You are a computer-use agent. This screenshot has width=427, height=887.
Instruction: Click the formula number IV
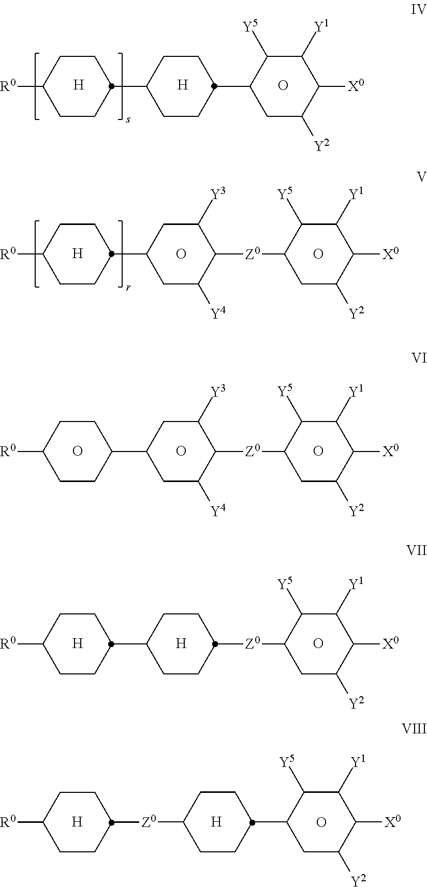(418, 10)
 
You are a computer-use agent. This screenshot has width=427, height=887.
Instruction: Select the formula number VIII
(414, 729)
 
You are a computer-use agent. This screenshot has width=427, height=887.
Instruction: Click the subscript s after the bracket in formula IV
(127, 120)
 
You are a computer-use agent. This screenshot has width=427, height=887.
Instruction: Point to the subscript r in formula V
(127, 288)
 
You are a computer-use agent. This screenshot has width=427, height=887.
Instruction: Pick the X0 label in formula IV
(356, 85)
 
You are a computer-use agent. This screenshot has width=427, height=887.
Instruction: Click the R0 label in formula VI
(9, 451)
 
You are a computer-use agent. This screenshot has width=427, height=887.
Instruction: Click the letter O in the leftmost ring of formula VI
(77, 452)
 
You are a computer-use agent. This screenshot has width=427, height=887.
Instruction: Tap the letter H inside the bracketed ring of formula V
(77, 253)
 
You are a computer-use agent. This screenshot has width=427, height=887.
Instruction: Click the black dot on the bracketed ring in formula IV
(111, 86)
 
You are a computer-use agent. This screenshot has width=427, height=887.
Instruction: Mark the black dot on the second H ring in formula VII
(215, 644)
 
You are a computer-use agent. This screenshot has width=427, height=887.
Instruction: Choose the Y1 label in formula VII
(356, 585)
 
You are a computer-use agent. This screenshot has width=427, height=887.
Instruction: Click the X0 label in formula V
(391, 253)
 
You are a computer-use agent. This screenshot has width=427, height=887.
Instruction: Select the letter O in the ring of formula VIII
(321, 822)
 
